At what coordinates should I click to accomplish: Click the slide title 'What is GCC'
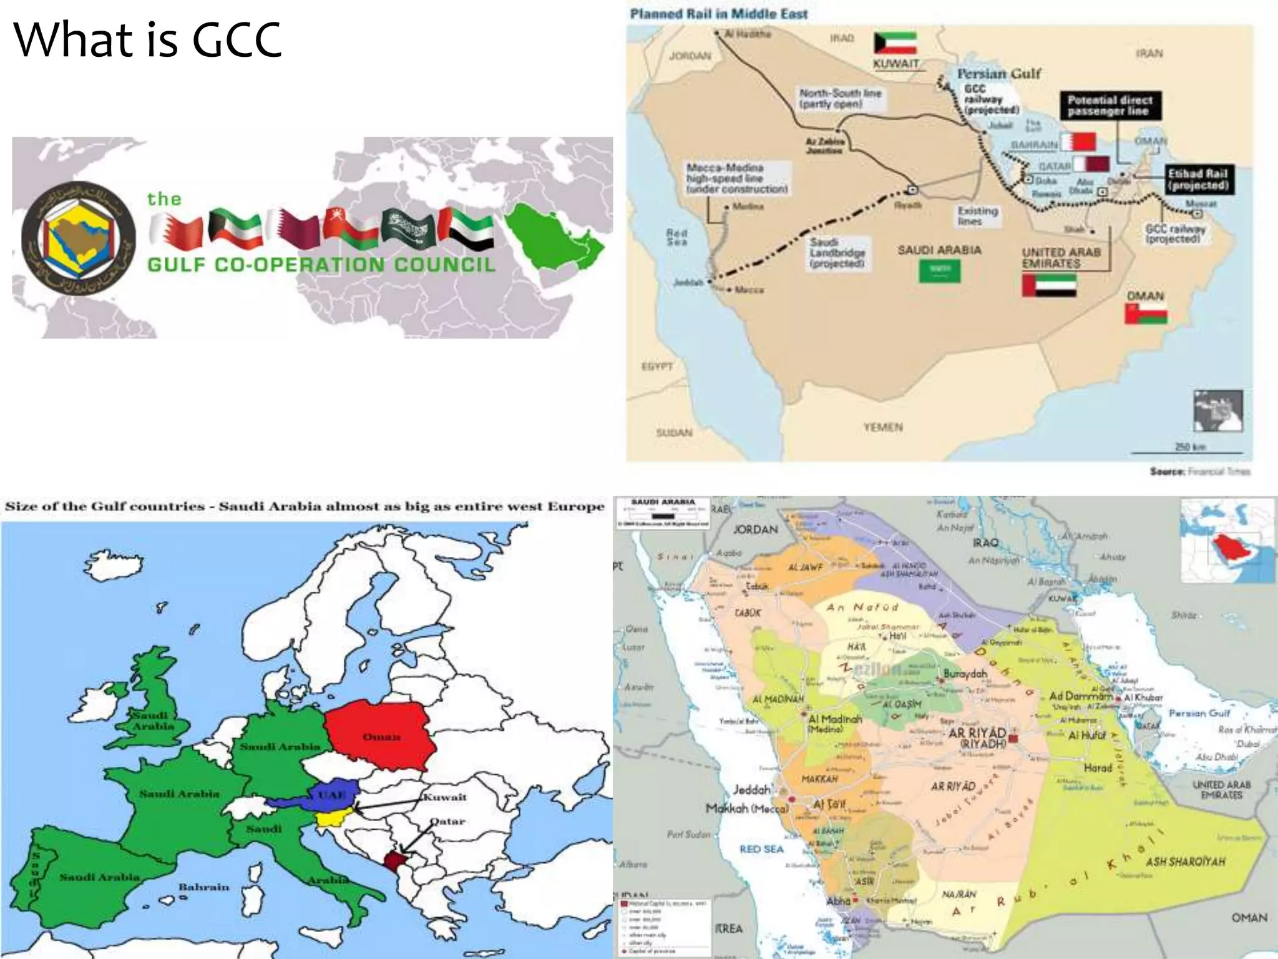pyautogui.click(x=147, y=40)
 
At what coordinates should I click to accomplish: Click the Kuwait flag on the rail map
pyautogui.click(x=895, y=44)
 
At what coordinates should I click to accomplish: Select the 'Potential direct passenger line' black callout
pyautogui.click(x=1110, y=106)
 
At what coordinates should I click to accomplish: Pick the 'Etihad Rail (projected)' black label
pyautogui.click(x=1198, y=179)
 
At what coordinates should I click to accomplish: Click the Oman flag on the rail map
pyautogui.click(x=1146, y=313)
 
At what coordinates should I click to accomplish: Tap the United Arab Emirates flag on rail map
pyautogui.click(x=1049, y=285)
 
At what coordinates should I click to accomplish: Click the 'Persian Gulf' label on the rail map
pyautogui.click(x=998, y=74)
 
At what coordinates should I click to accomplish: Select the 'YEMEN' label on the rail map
pyautogui.click(x=883, y=427)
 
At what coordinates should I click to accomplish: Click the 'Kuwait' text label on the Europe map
pyautogui.click(x=445, y=797)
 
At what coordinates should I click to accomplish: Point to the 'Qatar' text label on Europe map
pyautogui.click(x=447, y=821)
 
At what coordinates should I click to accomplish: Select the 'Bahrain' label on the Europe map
pyautogui.click(x=203, y=887)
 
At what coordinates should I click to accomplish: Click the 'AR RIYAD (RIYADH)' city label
pyautogui.click(x=977, y=738)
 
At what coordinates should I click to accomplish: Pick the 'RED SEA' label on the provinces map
pyautogui.click(x=761, y=849)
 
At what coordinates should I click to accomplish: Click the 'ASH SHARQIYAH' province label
pyautogui.click(x=1185, y=862)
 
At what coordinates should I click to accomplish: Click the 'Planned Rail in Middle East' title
pyautogui.click(x=718, y=14)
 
